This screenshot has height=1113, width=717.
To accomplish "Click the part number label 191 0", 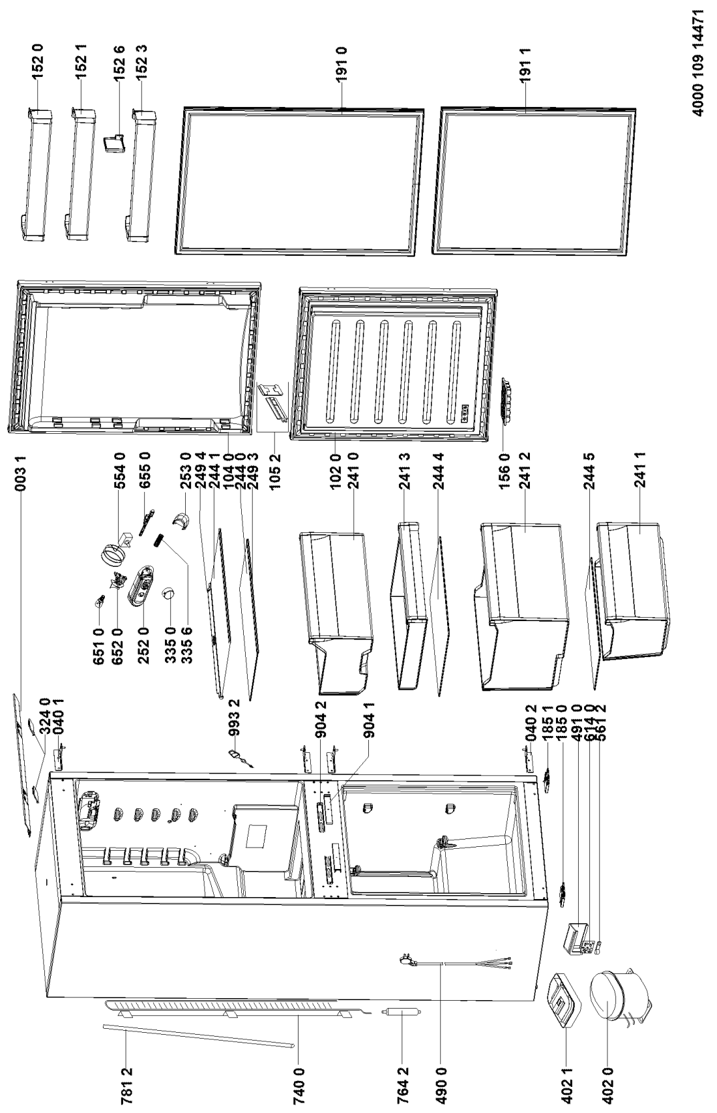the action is pyautogui.click(x=342, y=63).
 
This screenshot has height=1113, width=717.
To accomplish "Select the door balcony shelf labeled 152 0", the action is pyautogui.click(x=36, y=174).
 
